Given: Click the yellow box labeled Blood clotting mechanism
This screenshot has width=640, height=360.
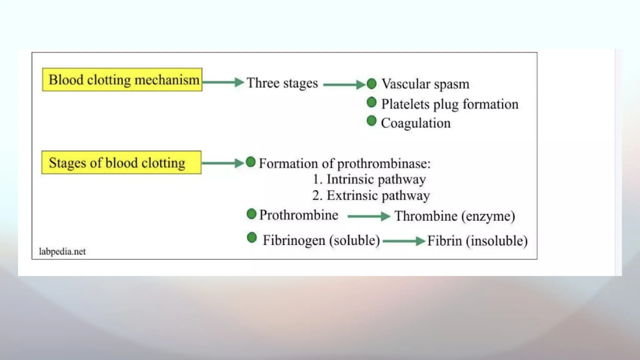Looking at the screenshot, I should point(122,80).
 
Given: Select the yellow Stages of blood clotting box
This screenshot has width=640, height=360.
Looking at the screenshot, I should point(121,162).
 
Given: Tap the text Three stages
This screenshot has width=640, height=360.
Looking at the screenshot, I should point(282,83).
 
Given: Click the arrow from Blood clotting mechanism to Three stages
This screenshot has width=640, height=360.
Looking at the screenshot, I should point(223,82).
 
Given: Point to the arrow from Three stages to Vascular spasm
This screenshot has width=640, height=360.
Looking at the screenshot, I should point(344,84).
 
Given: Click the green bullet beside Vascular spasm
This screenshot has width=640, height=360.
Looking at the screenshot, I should point(372,84).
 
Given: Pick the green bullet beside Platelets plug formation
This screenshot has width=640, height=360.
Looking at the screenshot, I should point(372,102).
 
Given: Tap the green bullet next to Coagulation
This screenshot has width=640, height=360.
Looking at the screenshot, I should point(372,121).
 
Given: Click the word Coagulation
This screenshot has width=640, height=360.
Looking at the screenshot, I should point(416,123).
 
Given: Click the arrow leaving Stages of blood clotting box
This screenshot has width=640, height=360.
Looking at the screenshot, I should point(222,163).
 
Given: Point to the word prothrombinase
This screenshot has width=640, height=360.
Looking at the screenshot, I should point(384,164).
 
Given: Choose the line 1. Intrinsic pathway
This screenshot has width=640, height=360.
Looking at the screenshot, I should point(369,179).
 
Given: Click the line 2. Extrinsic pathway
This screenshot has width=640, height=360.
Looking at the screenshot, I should point(371,196).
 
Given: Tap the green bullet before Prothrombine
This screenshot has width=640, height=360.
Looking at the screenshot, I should point(252,214).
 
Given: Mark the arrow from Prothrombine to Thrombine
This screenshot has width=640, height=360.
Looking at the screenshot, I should point(369,216).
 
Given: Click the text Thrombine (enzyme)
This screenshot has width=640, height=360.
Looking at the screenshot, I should point(455,216).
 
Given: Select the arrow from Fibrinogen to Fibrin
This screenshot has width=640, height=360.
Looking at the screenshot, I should point(403,241).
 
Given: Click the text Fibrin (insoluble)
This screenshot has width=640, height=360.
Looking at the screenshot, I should point(477,241).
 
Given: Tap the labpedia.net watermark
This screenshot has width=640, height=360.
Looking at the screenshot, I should point(62,252).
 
